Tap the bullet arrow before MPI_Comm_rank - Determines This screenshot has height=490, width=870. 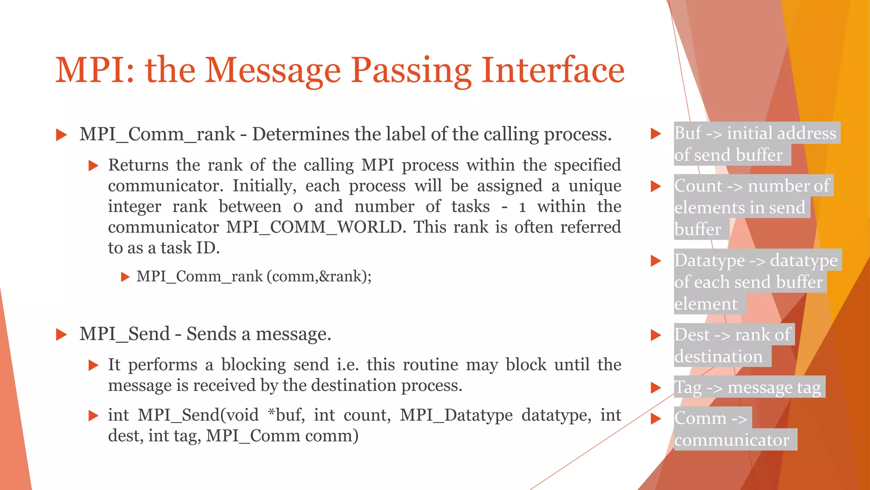click(x=62, y=135)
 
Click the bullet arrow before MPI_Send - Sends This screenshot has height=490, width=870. click(x=62, y=335)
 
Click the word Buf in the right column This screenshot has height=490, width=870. click(x=687, y=133)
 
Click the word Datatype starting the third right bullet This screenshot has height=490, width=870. click(x=709, y=260)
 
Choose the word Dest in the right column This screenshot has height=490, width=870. click(x=692, y=335)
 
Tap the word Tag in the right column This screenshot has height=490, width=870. click(x=688, y=387)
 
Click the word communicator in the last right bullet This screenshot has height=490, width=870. click(x=731, y=440)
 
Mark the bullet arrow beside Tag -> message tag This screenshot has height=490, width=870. click(x=656, y=387)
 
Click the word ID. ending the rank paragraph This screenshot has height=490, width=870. click(x=208, y=248)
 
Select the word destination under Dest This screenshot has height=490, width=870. click(x=718, y=356)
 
